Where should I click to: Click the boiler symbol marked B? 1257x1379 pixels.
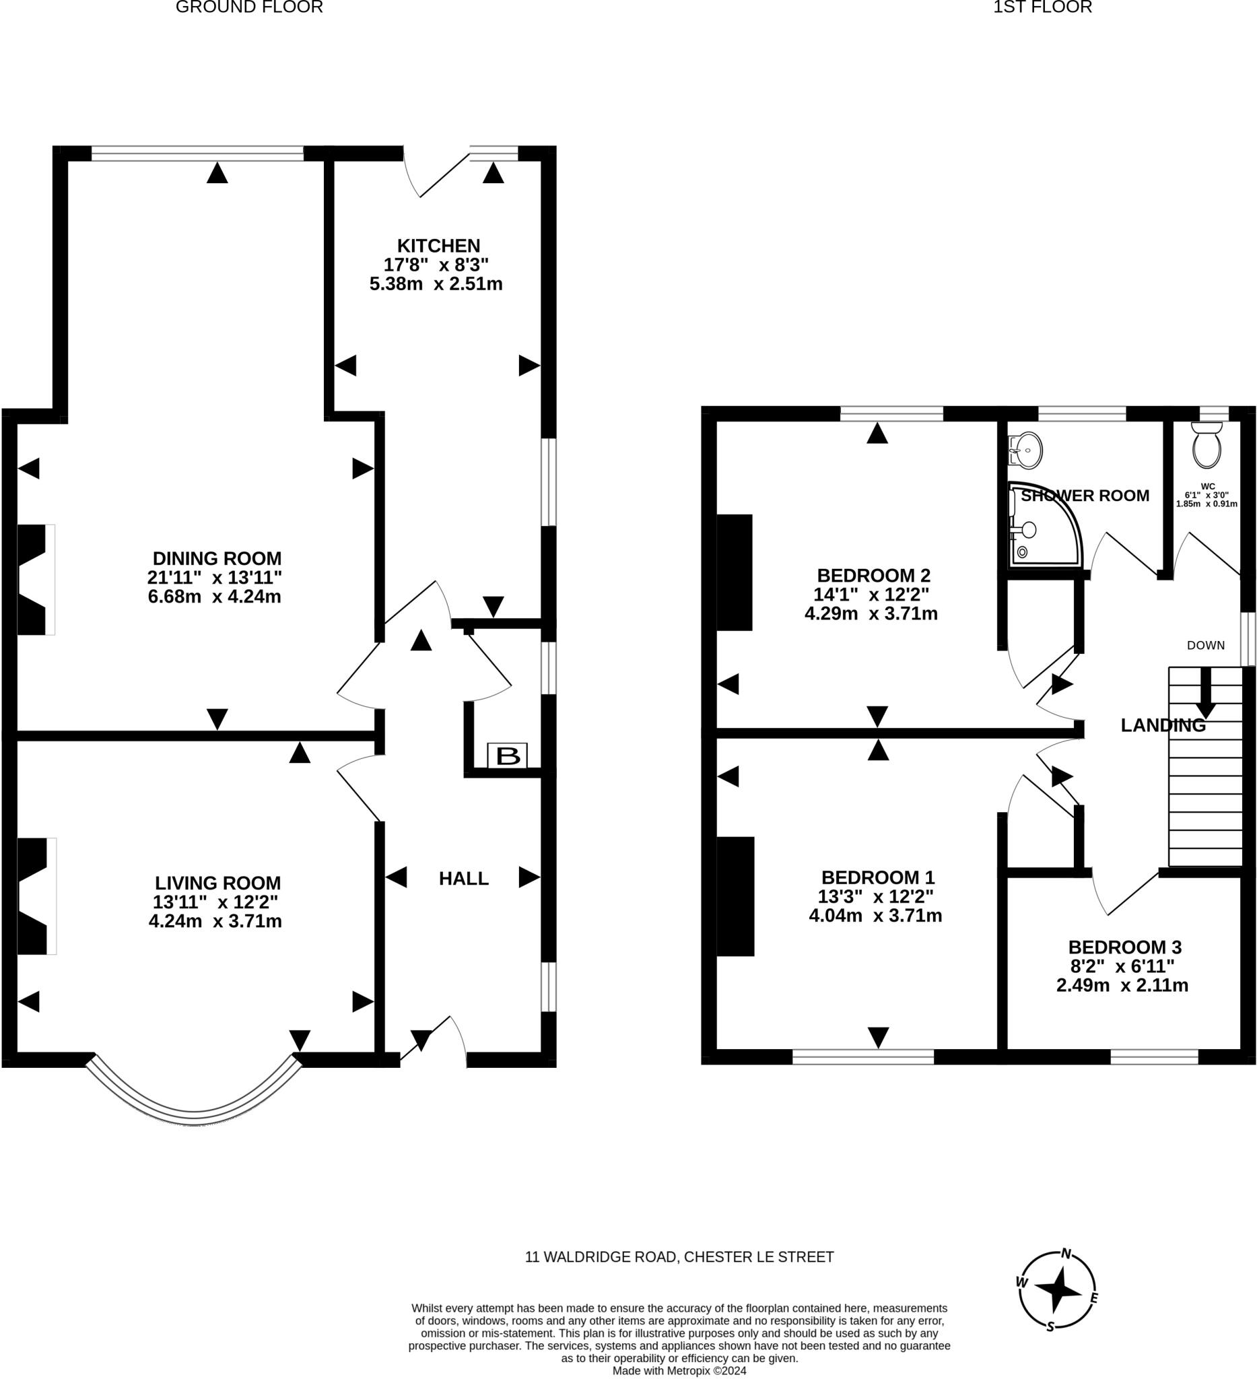[x=507, y=756]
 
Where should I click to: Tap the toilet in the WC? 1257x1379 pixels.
[x=1207, y=446]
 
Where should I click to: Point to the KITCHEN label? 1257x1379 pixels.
[x=438, y=246]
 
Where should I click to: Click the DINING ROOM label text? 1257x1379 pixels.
[x=217, y=558]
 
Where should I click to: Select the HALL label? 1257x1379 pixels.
[x=464, y=878]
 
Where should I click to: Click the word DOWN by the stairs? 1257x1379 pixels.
[x=1206, y=645]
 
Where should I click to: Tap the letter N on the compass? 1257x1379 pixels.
[x=1066, y=1254]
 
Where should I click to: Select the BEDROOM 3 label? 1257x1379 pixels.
[x=1124, y=947]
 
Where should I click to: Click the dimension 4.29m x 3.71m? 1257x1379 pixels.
[x=871, y=613]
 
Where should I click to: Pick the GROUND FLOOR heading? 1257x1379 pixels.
[x=249, y=7]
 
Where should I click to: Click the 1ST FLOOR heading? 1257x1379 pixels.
[x=1042, y=7]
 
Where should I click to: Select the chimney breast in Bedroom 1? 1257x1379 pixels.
[x=735, y=896]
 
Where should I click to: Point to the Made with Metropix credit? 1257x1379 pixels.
[x=679, y=1371]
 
